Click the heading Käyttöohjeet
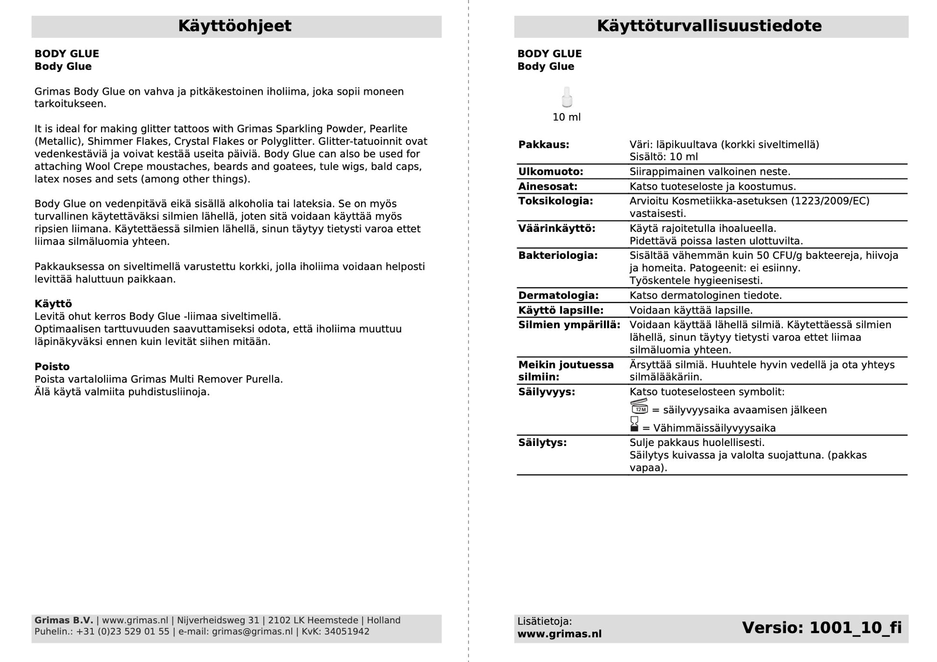(x=234, y=26)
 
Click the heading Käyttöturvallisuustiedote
(x=709, y=26)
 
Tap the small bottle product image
(x=567, y=97)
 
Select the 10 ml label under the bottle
(x=566, y=117)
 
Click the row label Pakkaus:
(x=544, y=145)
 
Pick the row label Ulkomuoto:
(x=550, y=172)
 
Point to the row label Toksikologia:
(x=555, y=201)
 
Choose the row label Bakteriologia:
(x=558, y=255)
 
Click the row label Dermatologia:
(x=558, y=295)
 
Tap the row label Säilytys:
(x=542, y=443)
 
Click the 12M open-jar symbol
(x=639, y=407)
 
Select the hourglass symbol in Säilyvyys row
(x=634, y=424)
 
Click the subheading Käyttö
(x=53, y=304)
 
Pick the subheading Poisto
(x=52, y=367)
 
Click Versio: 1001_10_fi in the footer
(x=821, y=628)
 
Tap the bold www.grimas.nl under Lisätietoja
(x=559, y=634)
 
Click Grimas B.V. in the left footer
(x=64, y=621)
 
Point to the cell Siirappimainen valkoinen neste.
(x=710, y=172)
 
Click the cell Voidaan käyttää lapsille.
(x=691, y=310)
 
